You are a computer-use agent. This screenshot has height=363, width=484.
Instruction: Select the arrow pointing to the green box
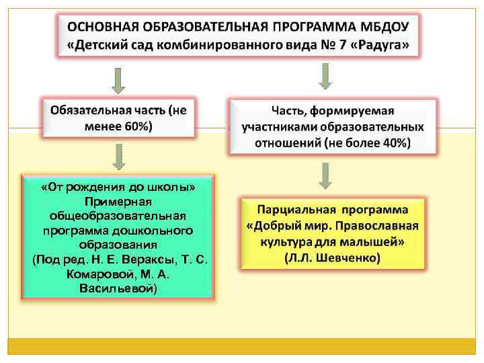(x=118, y=156)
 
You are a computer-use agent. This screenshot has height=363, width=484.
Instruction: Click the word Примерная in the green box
(x=118, y=202)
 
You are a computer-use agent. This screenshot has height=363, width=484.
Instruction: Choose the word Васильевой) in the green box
(x=118, y=288)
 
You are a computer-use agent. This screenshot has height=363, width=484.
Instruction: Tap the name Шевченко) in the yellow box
(x=348, y=257)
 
